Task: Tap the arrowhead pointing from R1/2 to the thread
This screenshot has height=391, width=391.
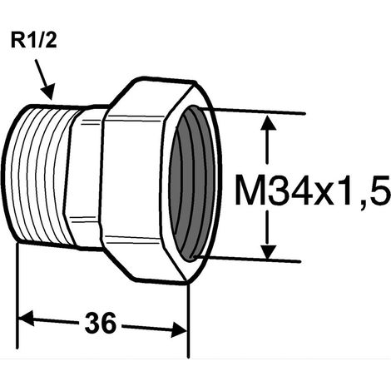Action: pos(47,92)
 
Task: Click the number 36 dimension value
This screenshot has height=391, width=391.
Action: pos(101,323)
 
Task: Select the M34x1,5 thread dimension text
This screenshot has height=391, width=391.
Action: pos(313,190)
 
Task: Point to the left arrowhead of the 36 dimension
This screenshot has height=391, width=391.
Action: pos(26,318)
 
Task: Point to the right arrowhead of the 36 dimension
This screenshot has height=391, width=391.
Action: pos(179,329)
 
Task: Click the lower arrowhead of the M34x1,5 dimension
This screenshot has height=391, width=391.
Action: pos(267,252)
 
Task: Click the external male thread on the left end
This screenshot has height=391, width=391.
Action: pos(39,175)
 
